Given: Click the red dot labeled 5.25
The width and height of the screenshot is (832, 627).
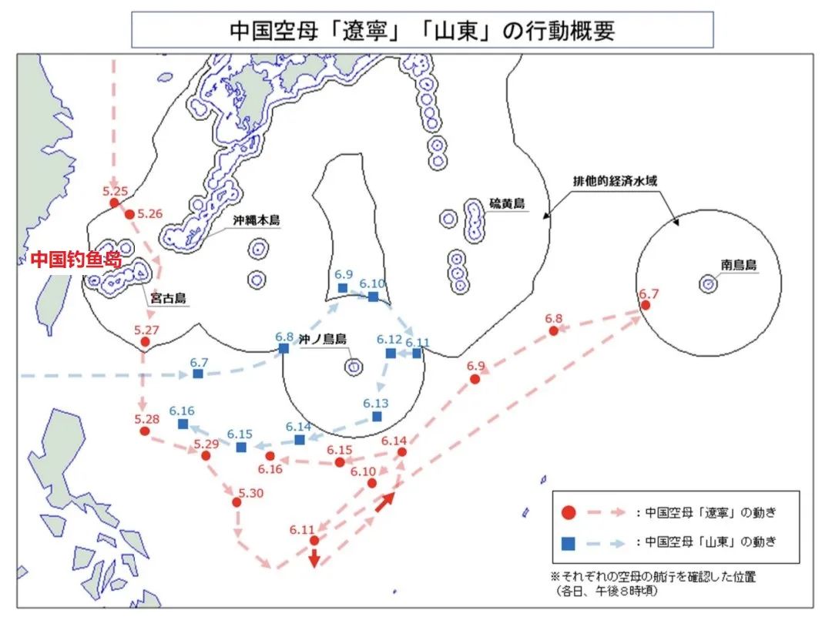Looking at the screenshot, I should [x=114, y=203].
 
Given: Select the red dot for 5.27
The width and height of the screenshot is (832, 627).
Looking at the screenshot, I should [x=145, y=343].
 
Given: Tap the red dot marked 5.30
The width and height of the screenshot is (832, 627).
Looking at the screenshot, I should [x=237, y=502].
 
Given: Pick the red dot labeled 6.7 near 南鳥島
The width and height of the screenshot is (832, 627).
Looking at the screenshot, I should [x=646, y=305].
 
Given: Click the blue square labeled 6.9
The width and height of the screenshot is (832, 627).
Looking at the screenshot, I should [x=343, y=288].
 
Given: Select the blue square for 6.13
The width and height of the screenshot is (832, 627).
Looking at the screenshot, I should [x=377, y=416].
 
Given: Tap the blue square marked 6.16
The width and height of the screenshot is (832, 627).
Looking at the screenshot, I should [x=183, y=424].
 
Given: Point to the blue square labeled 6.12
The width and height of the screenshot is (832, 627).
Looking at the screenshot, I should [x=391, y=353].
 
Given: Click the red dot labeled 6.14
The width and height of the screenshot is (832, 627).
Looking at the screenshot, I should [x=401, y=453].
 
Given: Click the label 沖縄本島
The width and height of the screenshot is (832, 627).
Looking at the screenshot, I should [x=257, y=220].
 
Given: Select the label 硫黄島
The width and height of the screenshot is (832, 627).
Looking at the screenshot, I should [x=507, y=203].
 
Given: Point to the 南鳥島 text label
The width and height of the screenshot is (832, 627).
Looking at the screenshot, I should [x=739, y=265].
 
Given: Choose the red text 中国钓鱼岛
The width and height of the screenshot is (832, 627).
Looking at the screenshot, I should [x=75, y=260].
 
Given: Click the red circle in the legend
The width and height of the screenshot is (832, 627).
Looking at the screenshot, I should [x=569, y=512].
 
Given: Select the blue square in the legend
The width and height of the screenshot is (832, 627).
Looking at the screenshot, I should [x=569, y=542].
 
